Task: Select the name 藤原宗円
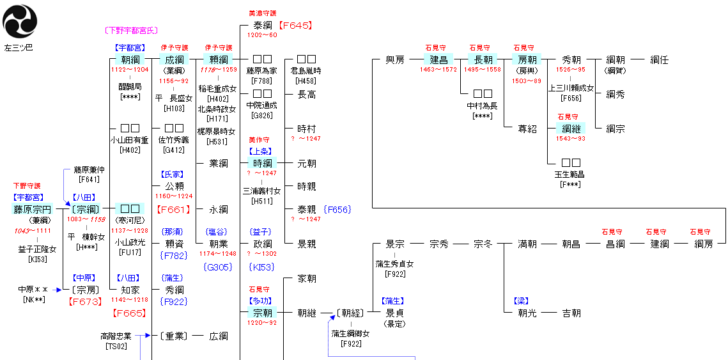click(x=32, y=209)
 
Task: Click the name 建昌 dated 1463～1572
click(x=438, y=59)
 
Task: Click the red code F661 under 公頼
click(x=173, y=209)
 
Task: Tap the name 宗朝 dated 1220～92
click(x=263, y=313)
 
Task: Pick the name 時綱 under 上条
click(x=263, y=163)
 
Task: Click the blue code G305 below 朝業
click(x=218, y=267)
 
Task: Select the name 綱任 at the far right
click(x=659, y=59)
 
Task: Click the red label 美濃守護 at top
click(x=263, y=13)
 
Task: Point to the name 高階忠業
click(x=116, y=336)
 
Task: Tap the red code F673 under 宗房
click(x=85, y=301)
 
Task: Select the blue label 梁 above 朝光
click(x=522, y=301)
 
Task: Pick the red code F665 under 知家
click(x=130, y=313)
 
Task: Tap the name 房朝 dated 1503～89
click(x=527, y=59)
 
